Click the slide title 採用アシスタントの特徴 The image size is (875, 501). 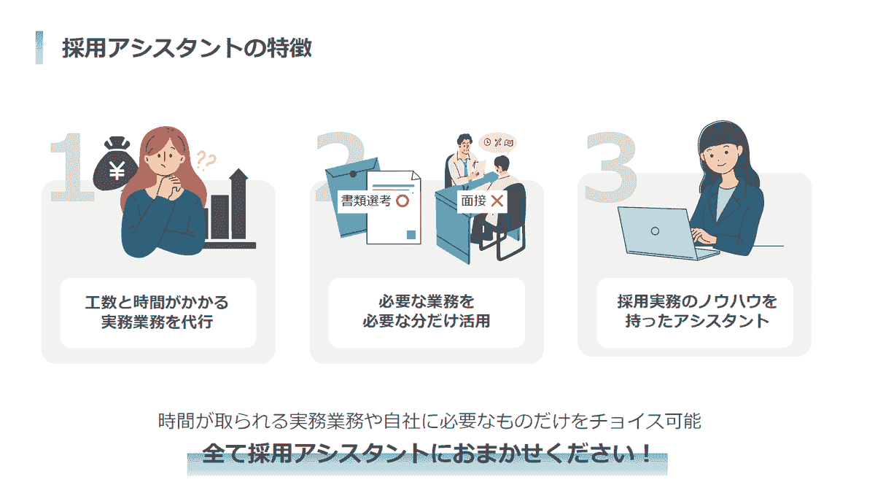pos(187,48)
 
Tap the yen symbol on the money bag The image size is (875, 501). pos(117,170)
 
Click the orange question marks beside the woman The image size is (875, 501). pos(206,160)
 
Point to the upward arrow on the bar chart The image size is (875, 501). pos(238,203)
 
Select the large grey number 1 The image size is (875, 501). pos(71,167)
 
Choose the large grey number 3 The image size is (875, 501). pos(610,167)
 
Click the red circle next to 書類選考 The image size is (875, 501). pos(402,201)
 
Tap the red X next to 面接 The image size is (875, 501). pos(497,201)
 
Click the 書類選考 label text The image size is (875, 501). pos(366,201)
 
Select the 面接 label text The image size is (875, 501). pos(473,201)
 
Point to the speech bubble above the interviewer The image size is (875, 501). pos(497,143)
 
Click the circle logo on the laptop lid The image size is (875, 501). pos(655,231)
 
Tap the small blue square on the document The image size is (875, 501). pos(411,235)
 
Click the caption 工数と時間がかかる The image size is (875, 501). pos(157,303)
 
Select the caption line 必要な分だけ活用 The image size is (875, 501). pos(426,321)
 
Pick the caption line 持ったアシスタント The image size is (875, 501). pos(697,321)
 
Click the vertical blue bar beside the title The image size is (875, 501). pos(39,47)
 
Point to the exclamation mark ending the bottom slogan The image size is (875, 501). pos(645,454)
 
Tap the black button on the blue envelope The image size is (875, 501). pos(353,174)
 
